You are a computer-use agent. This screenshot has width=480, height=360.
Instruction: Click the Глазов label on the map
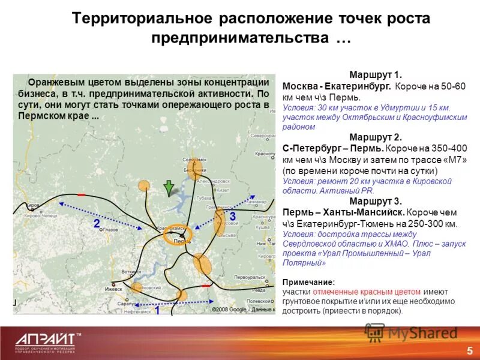pos(110,230)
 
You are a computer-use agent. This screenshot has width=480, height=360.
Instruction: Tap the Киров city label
pos(32,205)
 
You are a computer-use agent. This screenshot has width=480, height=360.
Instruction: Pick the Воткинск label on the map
pos(130,272)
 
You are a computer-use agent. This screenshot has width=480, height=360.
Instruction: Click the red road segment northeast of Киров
pos(81,194)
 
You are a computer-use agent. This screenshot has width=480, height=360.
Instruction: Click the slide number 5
pos(469,349)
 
